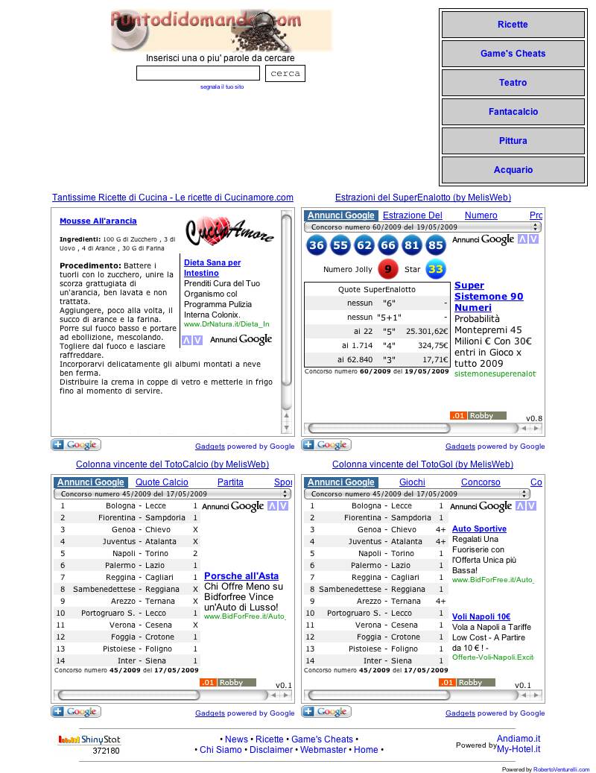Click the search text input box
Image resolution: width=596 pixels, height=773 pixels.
pyautogui.click(x=198, y=73)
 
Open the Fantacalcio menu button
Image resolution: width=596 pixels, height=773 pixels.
pyautogui.click(x=513, y=112)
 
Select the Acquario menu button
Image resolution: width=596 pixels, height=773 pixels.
pyautogui.click(x=513, y=170)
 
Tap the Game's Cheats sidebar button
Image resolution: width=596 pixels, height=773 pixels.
pyautogui.click(x=513, y=54)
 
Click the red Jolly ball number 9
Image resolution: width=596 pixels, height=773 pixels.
pyautogui.click(x=387, y=269)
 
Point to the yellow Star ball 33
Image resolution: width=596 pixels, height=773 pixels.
pyautogui.click(x=436, y=269)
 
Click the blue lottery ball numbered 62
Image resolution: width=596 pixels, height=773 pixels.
pyautogui.click(x=364, y=245)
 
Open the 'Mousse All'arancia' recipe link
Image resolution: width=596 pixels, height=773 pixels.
pyautogui.click(x=98, y=221)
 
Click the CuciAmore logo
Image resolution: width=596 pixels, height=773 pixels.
pyautogui.click(x=229, y=230)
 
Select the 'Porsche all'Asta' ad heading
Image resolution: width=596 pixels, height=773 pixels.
pyautogui.click(x=241, y=576)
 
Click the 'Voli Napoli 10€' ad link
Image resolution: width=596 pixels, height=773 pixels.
pyautogui.click(x=481, y=616)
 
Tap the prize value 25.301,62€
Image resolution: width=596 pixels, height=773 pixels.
pyautogui.click(x=427, y=331)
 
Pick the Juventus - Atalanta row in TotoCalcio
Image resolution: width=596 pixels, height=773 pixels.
pyautogui.click(x=139, y=542)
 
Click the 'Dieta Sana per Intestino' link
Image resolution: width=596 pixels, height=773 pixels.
pyautogui.click(x=212, y=268)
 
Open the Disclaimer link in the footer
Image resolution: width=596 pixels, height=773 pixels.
pyautogui.click(x=271, y=750)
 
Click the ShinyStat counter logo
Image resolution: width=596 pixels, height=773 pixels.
pyautogui.click(x=89, y=740)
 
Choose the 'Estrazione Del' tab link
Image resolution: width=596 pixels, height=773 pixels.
pyautogui.click(x=413, y=215)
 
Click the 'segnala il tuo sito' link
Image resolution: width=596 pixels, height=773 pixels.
pyautogui.click(x=222, y=87)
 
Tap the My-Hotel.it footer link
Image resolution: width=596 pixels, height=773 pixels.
pyautogui.click(x=519, y=749)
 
